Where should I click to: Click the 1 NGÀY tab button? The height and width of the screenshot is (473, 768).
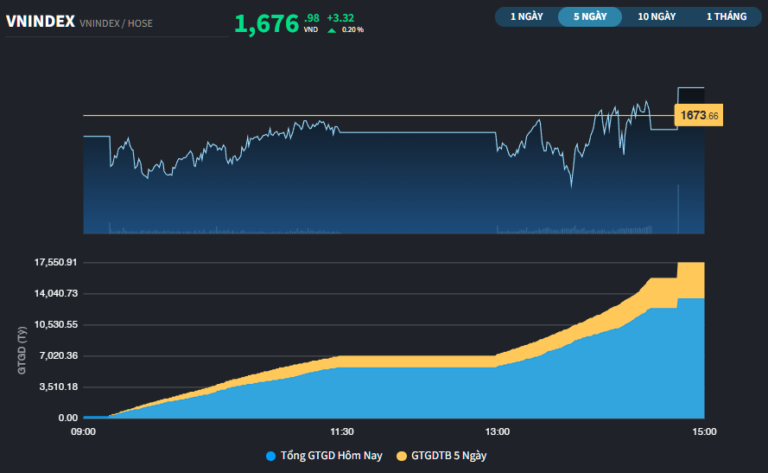pos(526,16)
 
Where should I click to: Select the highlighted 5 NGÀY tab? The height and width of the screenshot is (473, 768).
pos(589,16)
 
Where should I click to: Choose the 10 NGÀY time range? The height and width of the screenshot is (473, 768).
pos(657,16)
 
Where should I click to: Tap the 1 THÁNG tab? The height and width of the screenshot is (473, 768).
pos(726,16)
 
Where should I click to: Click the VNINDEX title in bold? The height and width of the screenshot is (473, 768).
pos(40,22)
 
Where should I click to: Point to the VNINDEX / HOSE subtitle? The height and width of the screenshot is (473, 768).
pos(116,23)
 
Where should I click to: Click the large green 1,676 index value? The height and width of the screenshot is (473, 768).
pos(266,24)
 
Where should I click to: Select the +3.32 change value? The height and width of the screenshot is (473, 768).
pos(341,17)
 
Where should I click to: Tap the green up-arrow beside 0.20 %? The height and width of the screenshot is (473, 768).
pos(331,30)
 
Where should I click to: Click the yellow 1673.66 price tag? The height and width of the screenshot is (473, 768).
pos(698,115)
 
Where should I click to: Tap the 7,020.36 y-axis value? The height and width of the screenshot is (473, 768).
pos(57,355)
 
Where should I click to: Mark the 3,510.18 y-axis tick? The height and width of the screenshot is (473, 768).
pos(57,387)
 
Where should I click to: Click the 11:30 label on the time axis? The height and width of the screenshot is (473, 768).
pos(342,431)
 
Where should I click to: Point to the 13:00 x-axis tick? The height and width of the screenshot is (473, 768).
pos(498,431)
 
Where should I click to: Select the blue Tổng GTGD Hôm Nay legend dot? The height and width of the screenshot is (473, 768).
pos(271,456)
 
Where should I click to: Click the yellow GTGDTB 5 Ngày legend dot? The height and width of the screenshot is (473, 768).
pos(402,456)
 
